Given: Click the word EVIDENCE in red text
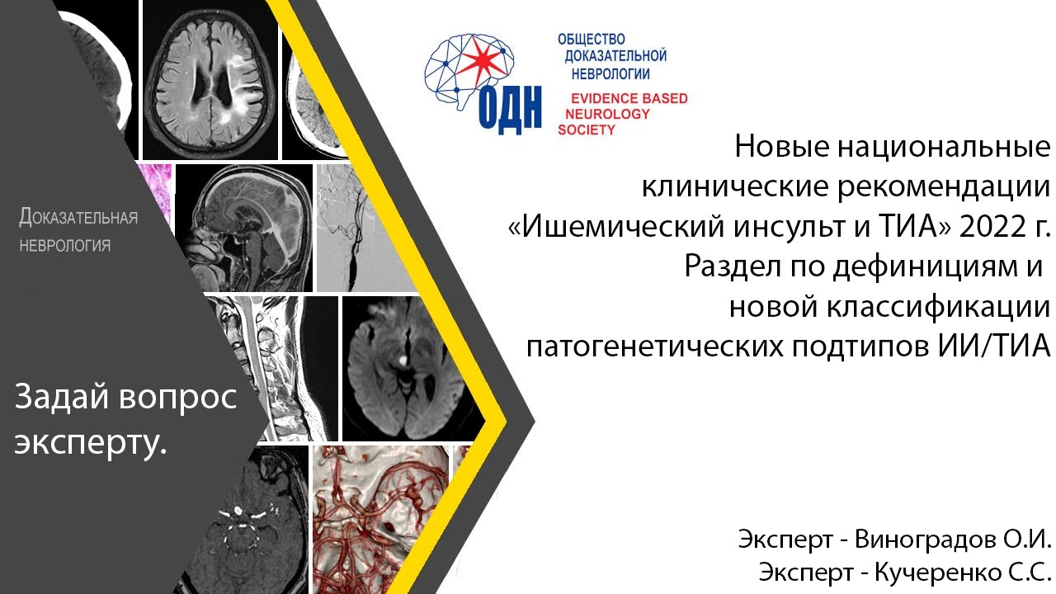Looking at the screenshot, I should [x=594, y=98].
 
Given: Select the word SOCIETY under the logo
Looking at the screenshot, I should [x=587, y=130].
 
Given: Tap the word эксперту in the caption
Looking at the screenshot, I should [x=90, y=443].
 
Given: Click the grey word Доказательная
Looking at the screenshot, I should [x=78, y=218].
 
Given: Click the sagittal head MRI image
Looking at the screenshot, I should [x=244, y=229].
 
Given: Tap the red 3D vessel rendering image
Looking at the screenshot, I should [x=382, y=516].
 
